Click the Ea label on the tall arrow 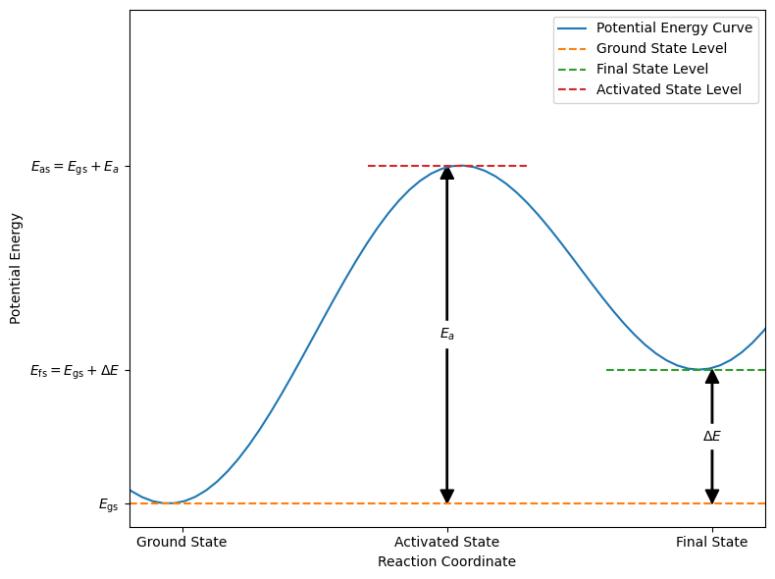[x=447, y=335]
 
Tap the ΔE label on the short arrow [x=712, y=437]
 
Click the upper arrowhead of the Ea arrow [x=447, y=173]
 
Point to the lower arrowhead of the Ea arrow [x=447, y=496]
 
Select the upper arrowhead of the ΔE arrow [x=712, y=377]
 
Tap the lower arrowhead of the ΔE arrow [x=712, y=496]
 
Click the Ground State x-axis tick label [x=181, y=542]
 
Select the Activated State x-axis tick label [x=447, y=542]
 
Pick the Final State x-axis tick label [x=712, y=542]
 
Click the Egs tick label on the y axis [x=108, y=504]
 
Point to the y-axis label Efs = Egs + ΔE [x=75, y=371]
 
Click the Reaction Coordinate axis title [x=446, y=562]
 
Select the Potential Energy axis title [x=16, y=268]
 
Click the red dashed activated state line [x=392, y=166]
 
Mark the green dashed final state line [x=638, y=370]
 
